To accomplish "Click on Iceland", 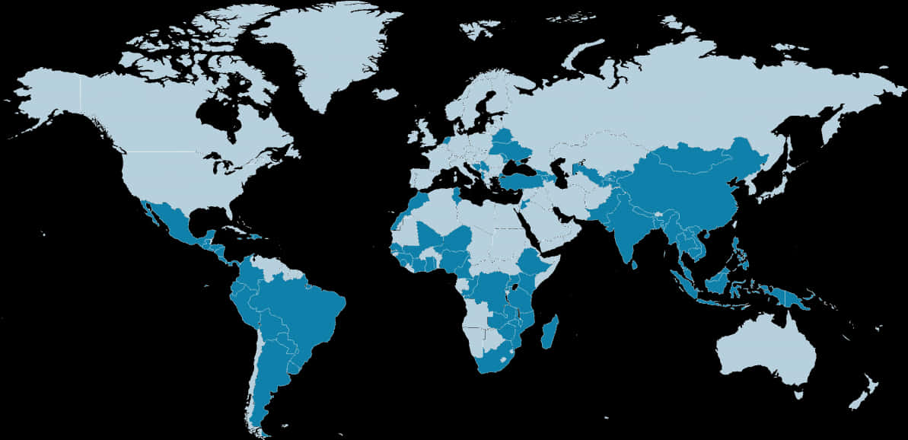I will pos(386,94).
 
